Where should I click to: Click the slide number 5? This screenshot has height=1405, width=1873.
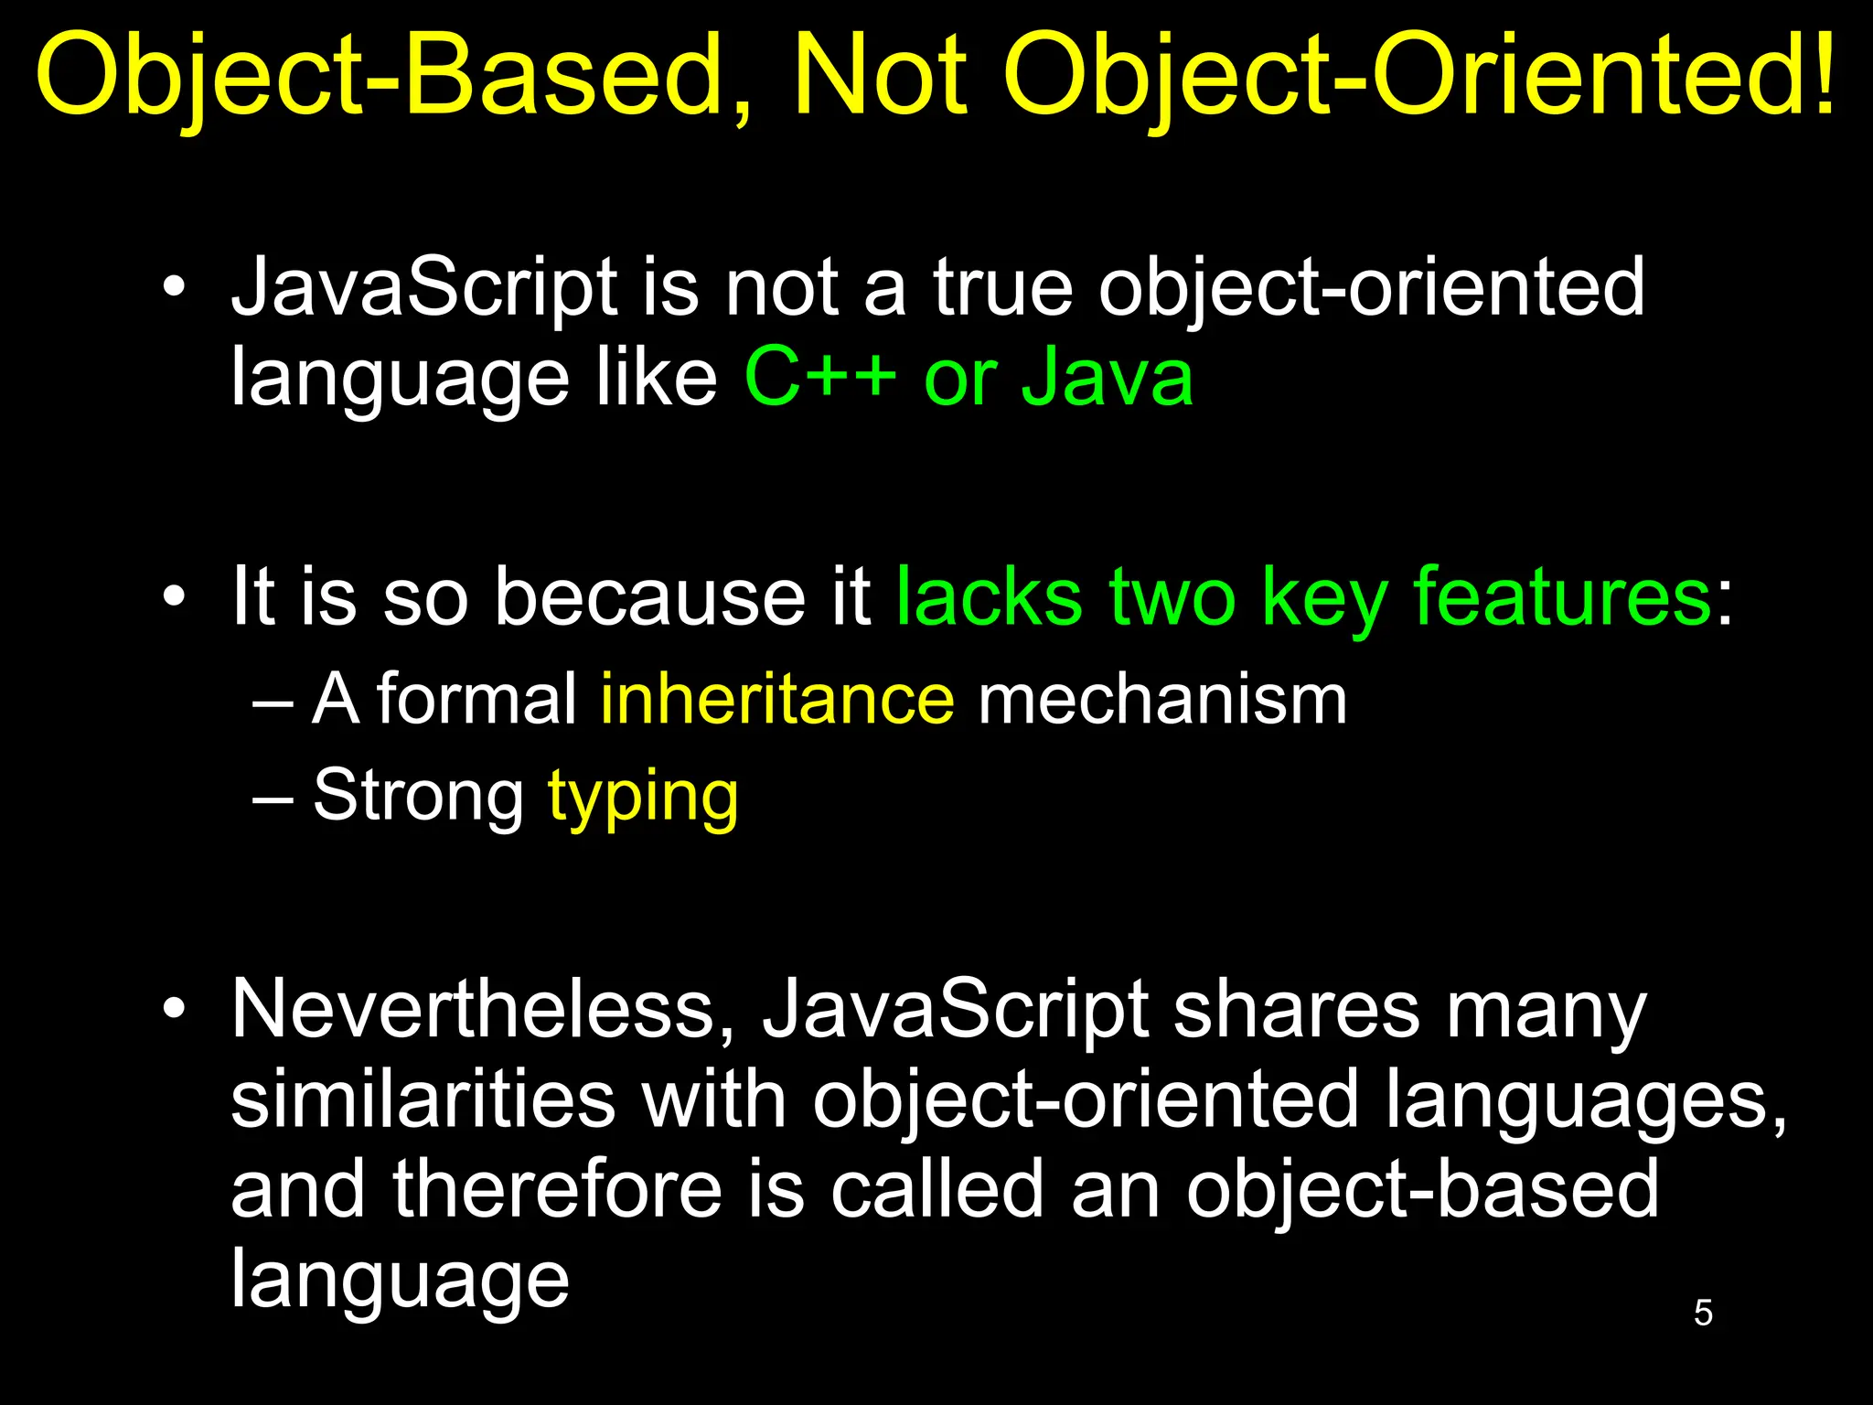1703,1313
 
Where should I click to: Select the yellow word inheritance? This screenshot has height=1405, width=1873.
777,700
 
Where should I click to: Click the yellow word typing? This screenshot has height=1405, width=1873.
643,798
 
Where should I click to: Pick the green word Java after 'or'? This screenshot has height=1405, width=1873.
1108,377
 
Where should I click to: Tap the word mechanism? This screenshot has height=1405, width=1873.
1162,700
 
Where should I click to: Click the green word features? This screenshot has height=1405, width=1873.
1563,596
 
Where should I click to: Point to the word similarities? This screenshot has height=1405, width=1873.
423,1099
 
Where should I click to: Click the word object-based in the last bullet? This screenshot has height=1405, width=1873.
1422,1191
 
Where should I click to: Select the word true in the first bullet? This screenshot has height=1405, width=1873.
1002,287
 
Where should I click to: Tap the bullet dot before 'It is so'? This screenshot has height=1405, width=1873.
174,596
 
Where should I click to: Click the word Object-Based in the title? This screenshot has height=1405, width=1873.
393,78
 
